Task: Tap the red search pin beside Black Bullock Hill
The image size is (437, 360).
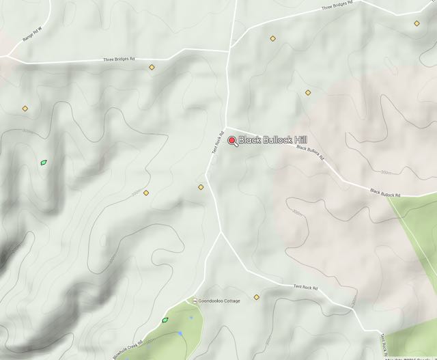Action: coord(232,141)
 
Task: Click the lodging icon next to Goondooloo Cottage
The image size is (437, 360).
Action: coord(195,301)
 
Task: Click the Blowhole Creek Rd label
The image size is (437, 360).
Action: coord(127,346)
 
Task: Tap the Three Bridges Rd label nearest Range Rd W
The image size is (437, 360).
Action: coord(119,59)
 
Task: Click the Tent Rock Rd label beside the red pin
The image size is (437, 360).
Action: coord(218,141)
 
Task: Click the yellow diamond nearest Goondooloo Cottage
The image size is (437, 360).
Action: coord(257,296)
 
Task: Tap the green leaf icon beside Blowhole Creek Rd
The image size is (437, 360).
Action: coord(165,319)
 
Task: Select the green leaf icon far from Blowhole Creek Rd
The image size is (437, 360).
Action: coord(44,163)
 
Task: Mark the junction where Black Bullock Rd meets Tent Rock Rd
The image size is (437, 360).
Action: coord(227,128)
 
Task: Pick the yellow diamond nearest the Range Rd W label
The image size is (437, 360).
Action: coord(25,108)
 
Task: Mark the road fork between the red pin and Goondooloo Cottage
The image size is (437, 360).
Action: coord(221,232)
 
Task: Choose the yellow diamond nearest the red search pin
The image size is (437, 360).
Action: coord(201,186)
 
